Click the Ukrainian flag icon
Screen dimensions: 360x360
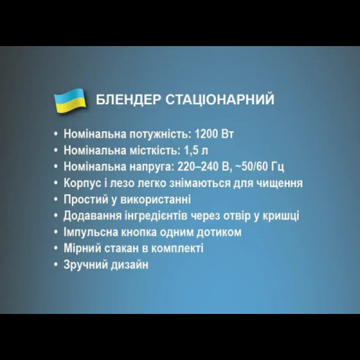[70, 100]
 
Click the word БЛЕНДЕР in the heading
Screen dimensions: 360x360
[128, 99]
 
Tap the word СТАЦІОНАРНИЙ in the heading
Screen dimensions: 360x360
[220, 99]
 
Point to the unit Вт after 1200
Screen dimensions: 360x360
[228, 134]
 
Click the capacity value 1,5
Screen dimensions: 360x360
[192, 150]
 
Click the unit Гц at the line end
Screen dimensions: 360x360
[278, 167]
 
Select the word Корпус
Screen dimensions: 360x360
[82, 184]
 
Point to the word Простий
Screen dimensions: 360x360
[86, 199]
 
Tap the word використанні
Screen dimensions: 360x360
[156, 199]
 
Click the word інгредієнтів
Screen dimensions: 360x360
[156, 216]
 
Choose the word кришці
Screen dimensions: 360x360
[281, 216]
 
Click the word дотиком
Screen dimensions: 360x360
[219, 233]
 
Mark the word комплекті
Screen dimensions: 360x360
[178, 248]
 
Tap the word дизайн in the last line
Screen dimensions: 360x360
[130, 265]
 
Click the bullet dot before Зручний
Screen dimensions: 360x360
[56, 264]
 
